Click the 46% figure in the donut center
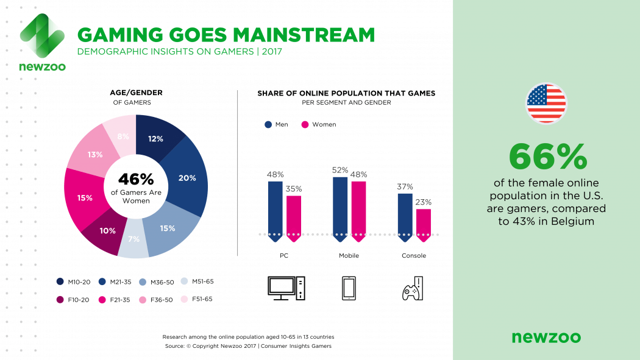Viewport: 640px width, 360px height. [x=136, y=179]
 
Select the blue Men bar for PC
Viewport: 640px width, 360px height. [x=276, y=207]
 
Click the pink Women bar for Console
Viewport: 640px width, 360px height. [x=424, y=222]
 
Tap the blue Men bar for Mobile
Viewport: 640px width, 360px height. [x=340, y=205]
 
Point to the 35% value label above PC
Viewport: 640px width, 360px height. [x=294, y=189]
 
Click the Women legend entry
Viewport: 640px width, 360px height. [x=319, y=124]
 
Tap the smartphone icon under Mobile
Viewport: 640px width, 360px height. [x=349, y=288]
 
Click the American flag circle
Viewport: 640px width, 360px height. [x=546, y=104]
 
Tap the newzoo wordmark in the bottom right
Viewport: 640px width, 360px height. [x=546, y=337]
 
